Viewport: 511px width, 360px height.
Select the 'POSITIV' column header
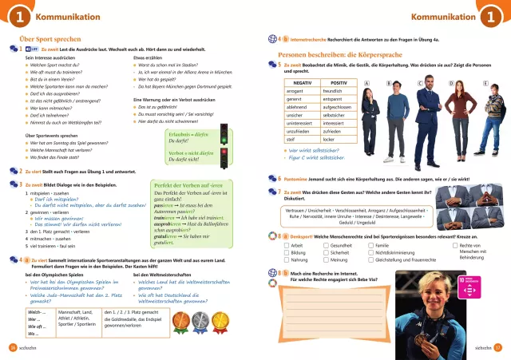click(339, 82)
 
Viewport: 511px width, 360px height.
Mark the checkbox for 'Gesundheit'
click(325, 246)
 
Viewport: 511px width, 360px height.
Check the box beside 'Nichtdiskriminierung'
click(370, 253)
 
